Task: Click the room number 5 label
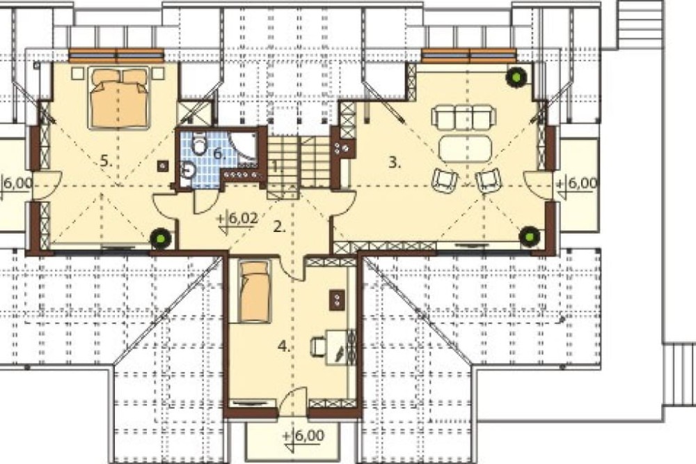point(105,161)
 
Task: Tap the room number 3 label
point(394,162)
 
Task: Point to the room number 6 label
point(219,154)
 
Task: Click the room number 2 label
point(279,226)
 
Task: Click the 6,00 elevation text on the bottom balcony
point(309,435)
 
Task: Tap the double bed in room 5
point(119,98)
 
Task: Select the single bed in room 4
point(254,291)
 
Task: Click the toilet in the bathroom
point(200,144)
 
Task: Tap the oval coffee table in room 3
point(465,148)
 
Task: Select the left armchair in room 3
point(445,179)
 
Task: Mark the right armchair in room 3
point(488,180)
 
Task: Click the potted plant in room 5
point(161,238)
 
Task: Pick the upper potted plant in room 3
point(516,77)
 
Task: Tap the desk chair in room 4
point(319,346)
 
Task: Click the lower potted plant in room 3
point(530,235)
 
